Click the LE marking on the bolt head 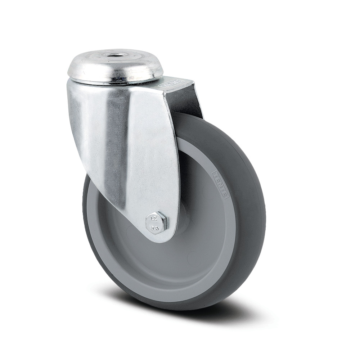tap(152, 218)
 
